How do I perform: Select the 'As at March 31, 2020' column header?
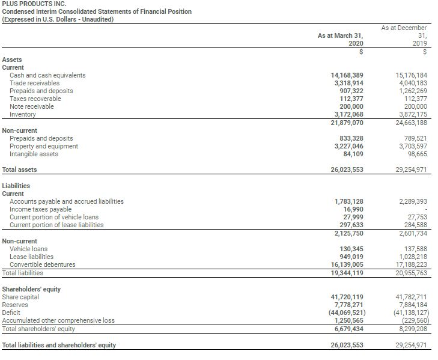[x=340, y=40]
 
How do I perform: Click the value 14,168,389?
[x=347, y=75]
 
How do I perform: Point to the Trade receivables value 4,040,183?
[x=412, y=83]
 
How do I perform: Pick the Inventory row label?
[x=23, y=114]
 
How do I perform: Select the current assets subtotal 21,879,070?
[x=347, y=123]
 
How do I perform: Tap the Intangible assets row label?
[x=34, y=154]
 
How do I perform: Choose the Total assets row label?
[x=20, y=169]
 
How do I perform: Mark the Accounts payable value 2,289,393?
[x=412, y=201]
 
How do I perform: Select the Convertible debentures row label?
[x=43, y=264]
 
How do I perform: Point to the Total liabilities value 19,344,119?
[x=347, y=273]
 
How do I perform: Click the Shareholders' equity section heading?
[x=31, y=289]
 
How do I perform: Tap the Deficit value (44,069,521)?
[x=346, y=313]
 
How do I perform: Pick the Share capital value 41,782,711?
[x=412, y=297]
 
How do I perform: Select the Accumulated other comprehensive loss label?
[x=58, y=320]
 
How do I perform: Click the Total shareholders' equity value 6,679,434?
[x=349, y=329]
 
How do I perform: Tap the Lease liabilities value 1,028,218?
[x=412, y=257]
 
